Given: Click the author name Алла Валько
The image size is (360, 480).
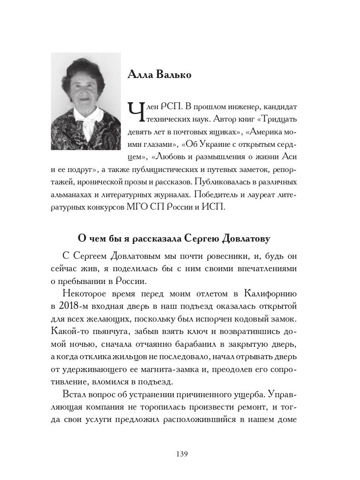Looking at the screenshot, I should (159, 75).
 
